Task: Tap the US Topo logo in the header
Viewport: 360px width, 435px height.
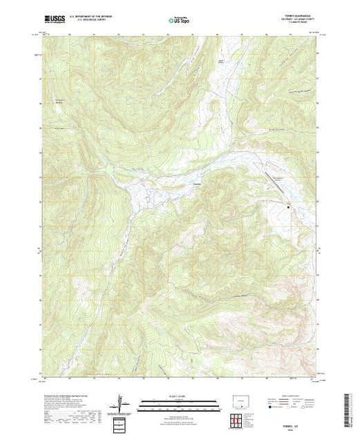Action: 179,21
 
